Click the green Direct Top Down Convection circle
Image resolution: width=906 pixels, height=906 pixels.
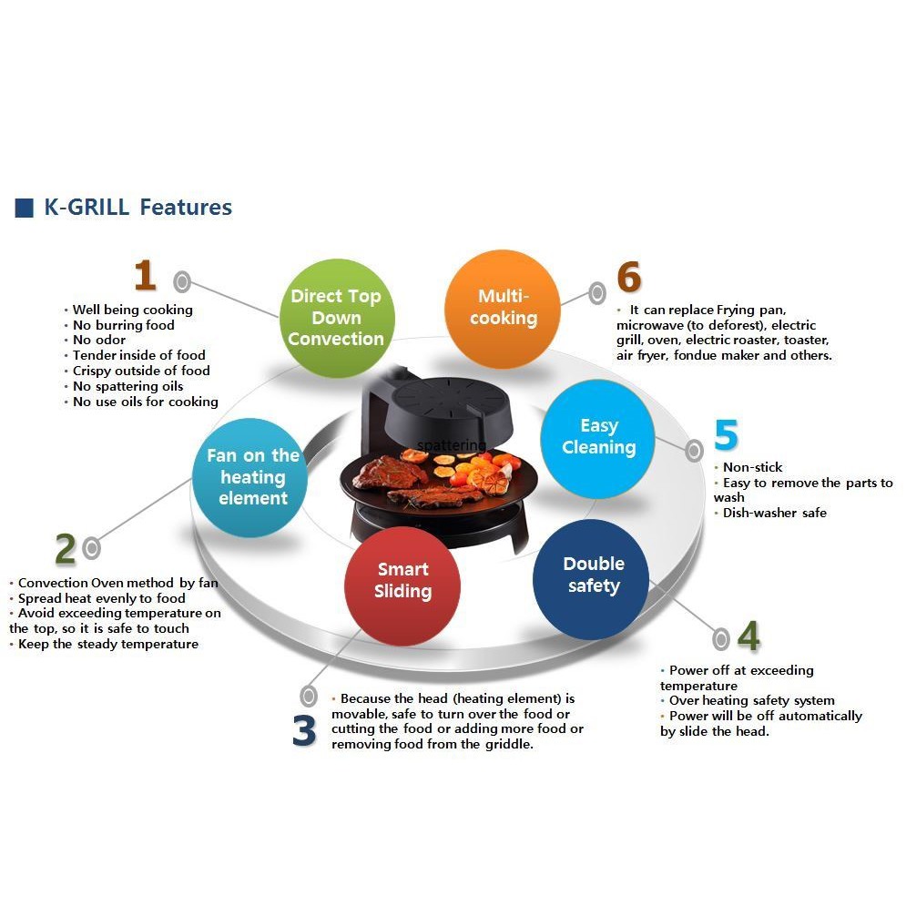click(x=336, y=318)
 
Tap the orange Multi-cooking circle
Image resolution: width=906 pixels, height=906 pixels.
click(x=503, y=308)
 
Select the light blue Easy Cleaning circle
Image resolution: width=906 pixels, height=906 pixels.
click(x=598, y=437)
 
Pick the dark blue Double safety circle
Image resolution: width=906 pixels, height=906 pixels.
click(x=593, y=575)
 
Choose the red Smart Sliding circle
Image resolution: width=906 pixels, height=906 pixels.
click(x=402, y=581)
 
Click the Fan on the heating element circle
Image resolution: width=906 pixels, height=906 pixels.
click(x=252, y=477)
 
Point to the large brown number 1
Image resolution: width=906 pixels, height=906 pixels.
click(x=145, y=275)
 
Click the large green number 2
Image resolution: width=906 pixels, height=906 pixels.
click(x=65, y=549)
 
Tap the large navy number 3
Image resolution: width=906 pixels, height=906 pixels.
click(x=304, y=731)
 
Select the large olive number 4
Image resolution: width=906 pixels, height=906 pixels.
click(x=748, y=637)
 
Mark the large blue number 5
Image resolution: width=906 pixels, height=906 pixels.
click(x=726, y=436)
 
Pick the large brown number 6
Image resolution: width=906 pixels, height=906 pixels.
click(x=629, y=278)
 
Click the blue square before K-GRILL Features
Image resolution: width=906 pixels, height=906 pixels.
click(x=25, y=208)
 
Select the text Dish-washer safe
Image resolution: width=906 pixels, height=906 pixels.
click(x=774, y=513)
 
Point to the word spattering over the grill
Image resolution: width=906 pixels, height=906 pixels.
click(x=452, y=445)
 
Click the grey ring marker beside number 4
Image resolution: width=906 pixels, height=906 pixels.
click(x=722, y=638)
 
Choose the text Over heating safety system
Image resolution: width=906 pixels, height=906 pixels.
click(x=751, y=700)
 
